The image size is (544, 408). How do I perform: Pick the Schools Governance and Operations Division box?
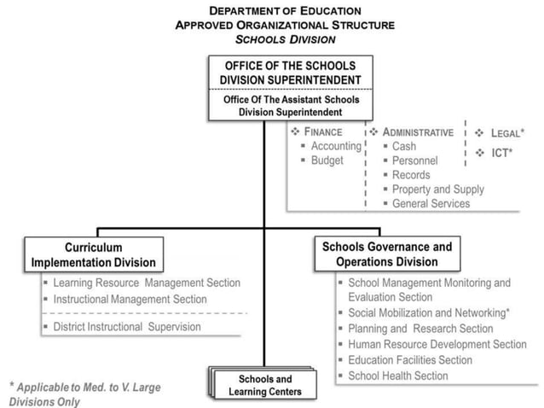tap(387, 254)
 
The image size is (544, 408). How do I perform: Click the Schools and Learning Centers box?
tap(265, 385)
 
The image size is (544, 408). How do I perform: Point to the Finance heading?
tap(322, 132)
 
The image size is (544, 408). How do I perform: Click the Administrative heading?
tap(417, 132)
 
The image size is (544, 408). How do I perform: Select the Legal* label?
tap(506, 133)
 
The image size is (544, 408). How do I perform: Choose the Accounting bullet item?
tap(335, 146)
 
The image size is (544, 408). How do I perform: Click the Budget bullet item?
tap(327, 160)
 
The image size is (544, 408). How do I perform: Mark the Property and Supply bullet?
tap(437, 189)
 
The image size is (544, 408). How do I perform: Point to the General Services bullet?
tap(431, 204)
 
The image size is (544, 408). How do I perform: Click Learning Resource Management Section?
tap(146, 283)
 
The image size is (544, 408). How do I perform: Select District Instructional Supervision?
tap(127, 327)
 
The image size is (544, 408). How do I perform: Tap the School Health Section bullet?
tap(397, 376)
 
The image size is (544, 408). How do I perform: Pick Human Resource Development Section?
tap(437, 345)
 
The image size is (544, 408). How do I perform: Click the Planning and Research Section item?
tap(420, 329)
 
